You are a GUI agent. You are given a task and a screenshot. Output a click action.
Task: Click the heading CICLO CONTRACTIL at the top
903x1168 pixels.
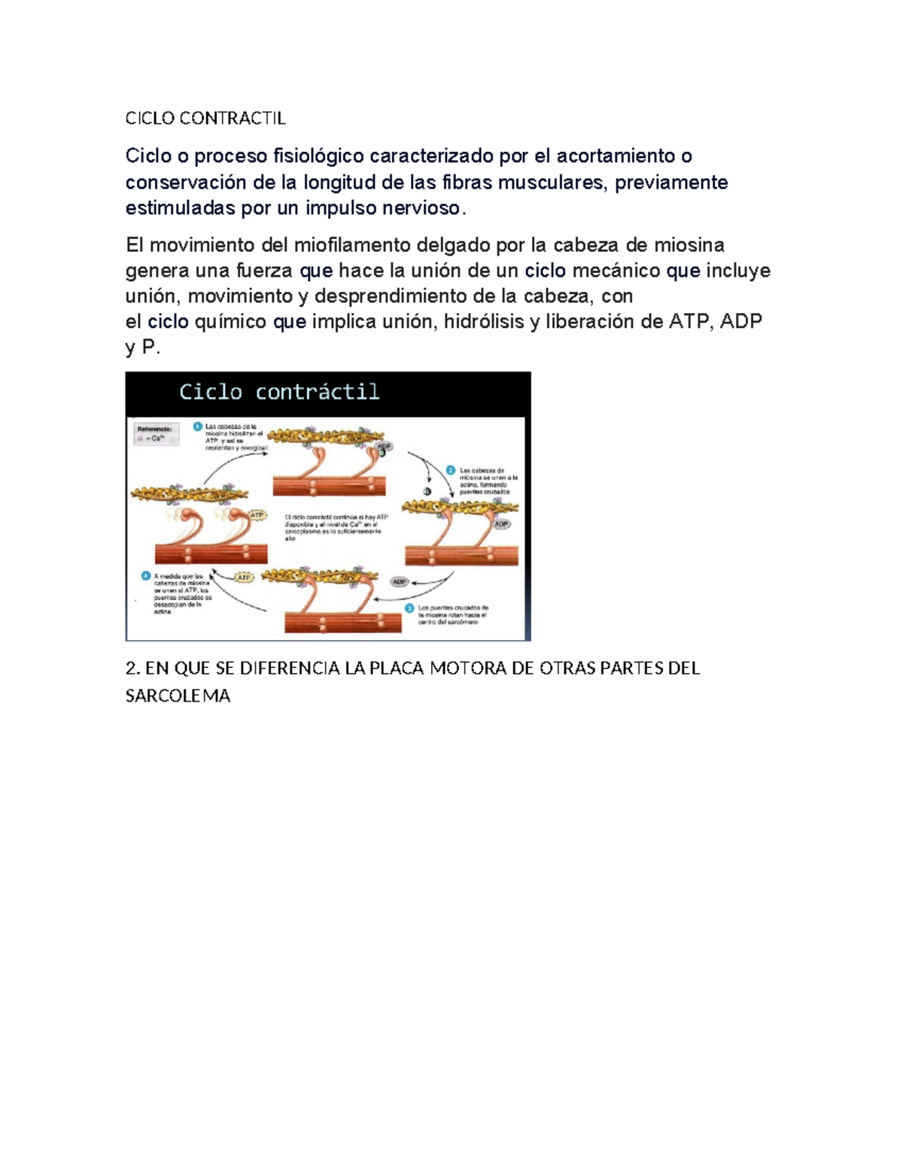pos(205,118)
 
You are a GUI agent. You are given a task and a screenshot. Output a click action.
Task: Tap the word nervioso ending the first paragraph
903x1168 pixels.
pos(421,208)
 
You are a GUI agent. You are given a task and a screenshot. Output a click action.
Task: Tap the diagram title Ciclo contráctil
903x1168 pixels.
pos(279,392)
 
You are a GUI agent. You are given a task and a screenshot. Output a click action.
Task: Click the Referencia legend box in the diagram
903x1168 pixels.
pos(157,434)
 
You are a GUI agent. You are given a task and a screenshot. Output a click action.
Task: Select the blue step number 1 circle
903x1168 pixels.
pos(198,426)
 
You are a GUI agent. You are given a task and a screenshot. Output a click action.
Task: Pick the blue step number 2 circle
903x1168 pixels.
pos(451,470)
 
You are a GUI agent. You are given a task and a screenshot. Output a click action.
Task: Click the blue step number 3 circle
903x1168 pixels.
pos(409,608)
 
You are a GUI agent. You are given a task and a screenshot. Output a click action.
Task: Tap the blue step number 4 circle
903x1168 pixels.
pos(146,576)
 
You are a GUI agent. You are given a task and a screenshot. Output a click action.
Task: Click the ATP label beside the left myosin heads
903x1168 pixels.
pos(257,515)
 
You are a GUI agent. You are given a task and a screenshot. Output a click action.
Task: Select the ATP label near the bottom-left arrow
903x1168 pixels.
pos(244,578)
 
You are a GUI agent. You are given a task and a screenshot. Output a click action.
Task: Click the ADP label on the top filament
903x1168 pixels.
pos(384,447)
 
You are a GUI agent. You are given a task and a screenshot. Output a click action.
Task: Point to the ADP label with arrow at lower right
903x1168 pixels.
pos(399,581)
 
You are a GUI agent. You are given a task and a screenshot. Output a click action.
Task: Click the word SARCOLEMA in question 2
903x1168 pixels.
pos(178,696)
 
